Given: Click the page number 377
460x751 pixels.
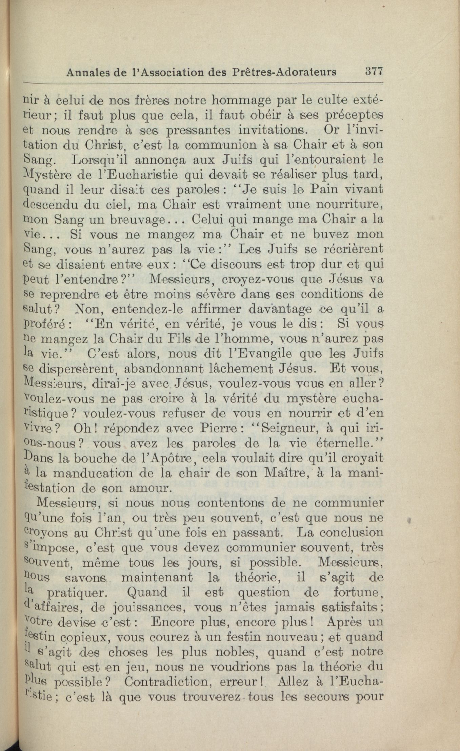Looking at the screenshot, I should [374, 72].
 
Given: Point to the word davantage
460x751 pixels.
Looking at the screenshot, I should [280, 309].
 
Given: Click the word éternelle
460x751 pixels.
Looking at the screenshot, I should [350, 444].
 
